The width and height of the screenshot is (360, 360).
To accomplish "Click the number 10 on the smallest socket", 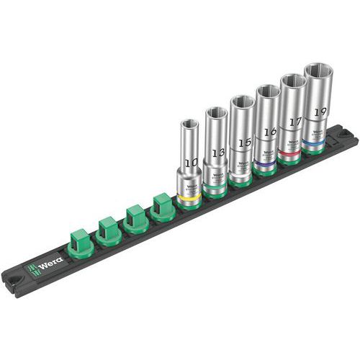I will tap(190, 164).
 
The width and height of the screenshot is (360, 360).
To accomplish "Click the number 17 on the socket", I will tap(294, 122).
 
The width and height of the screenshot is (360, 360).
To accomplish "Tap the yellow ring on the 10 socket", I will tap(190, 194).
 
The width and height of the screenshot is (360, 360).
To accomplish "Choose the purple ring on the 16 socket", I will tap(268, 162).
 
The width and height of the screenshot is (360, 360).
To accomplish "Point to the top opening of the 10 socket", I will tap(189, 123).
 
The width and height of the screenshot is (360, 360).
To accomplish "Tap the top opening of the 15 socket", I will tap(243, 102).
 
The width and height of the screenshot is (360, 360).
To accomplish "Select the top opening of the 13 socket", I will tap(215, 112).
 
